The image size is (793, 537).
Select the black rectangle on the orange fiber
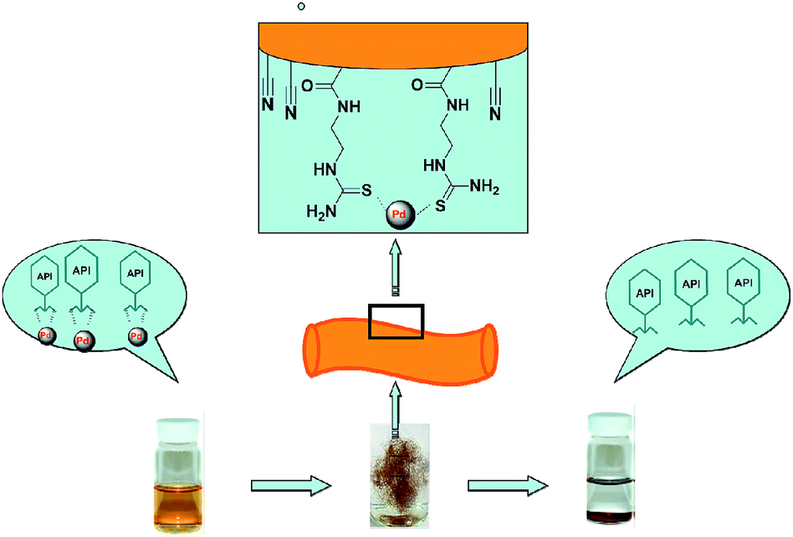pos(396,322)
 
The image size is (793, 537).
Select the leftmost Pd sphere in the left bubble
pos(46,336)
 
